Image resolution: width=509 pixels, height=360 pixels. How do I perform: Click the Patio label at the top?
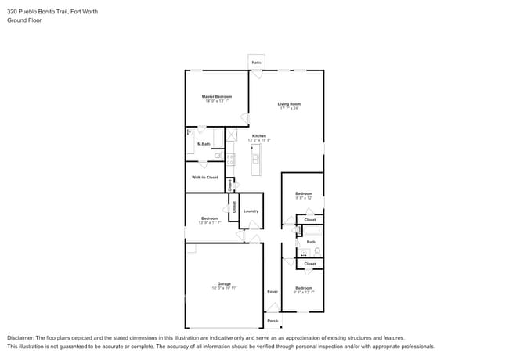pyautogui.click(x=256, y=62)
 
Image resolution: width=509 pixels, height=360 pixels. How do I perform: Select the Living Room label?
pyautogui.click(x=289, y=103)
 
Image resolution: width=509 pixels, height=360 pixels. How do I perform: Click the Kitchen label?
pyautogui.click(x=258, y=136)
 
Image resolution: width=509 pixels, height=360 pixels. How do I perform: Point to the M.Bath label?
pyautogui.click(x=204, y=144)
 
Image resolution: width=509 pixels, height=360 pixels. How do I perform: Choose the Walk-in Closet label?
pyautogui.click(x=205, y=178)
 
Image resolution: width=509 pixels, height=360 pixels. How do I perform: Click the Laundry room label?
pyautogui.click(x=251, y=211)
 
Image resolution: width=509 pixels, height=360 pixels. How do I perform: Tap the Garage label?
pyautogui.click(x=224, y=283)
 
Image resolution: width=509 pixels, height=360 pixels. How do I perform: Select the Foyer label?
pyautogui.click(x=273, y=292)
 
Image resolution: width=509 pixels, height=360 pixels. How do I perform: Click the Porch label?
pyautogui.click(x=273, y=321)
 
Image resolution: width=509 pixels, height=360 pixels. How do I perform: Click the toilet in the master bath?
pyautogui.click(x=218, y=156)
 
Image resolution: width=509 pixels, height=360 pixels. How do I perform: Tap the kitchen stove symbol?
pyautogui.click(x=230, y=159)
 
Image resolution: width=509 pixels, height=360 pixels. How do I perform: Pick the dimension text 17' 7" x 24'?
pyautogui.click(x=289, y=108)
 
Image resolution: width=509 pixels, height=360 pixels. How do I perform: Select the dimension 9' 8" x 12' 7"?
pyautogui.click(x=304, y=293)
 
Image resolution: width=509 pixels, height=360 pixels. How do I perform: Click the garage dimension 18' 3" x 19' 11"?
pyautogui.click(x=224, y=288)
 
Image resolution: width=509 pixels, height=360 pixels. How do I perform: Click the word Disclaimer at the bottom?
pyautogui.click(x=22, y=337)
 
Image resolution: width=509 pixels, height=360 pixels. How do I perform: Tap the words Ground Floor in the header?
pyautogui.click(x=24, y=20)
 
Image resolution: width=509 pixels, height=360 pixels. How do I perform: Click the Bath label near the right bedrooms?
pyautogui.click(x=311, y=242)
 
